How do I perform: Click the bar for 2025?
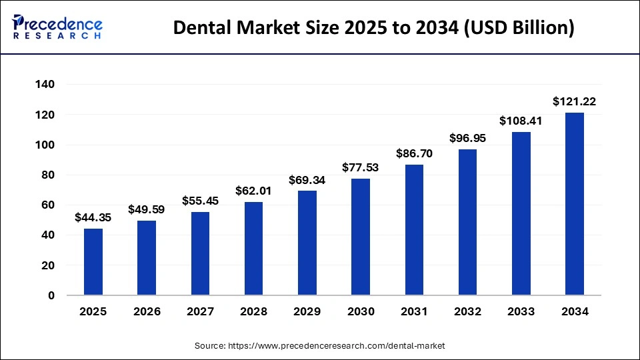click(x=93, y=262)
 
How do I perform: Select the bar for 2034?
click(x=574, y=204)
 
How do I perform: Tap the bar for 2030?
click(x=361, y=237)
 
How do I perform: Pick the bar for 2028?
click(x=253, y=249)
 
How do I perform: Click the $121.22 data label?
click(x=574, y=102)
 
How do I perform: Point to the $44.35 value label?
click(x=93, y=217)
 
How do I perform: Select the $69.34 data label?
click(x=307, y=180)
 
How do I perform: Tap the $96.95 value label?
click(x=467, y=139)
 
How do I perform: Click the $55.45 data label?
click(x=200, y=201)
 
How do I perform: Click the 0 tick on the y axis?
click(x=51, y=295)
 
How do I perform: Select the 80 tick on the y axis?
click(x=48, y=175)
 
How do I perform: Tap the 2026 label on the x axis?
click(x=147, y=311)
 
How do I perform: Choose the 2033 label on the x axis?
click(x=521, y=311)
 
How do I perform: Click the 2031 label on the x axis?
click(x=414, y=311)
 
